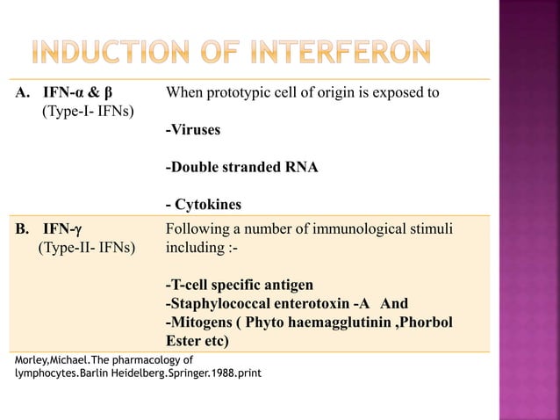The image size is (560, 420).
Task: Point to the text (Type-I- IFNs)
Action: click(89, 112)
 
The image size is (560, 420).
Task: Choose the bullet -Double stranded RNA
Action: click(241, 168)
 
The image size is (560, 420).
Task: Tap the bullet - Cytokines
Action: click(203, 205)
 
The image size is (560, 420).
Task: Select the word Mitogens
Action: click(203, 322)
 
